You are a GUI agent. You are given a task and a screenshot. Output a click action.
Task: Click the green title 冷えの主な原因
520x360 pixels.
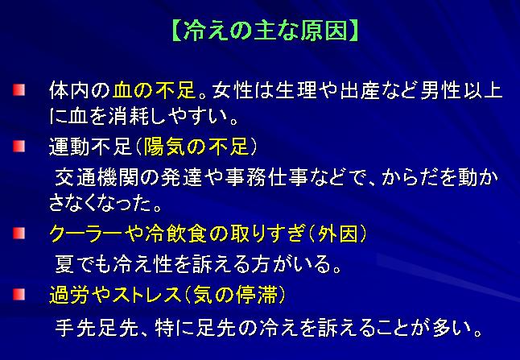click(x=266, y=31)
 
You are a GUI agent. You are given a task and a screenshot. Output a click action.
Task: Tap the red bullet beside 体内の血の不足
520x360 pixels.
click(x=19, y=90)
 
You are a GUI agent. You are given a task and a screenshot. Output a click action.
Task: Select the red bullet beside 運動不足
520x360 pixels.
click(x=19, y=146)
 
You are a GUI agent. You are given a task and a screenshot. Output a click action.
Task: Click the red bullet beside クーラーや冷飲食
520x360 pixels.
click(x=19, y=233)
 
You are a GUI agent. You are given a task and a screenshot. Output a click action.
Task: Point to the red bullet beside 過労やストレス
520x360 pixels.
click(x=19, y=294)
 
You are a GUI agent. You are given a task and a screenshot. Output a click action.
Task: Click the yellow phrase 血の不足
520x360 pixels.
click(x=155, y=90)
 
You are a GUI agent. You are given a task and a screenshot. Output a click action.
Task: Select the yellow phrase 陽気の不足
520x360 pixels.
click(x=196, y=147)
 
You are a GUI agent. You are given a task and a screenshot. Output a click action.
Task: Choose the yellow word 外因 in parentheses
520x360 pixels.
click(x=338, y=234)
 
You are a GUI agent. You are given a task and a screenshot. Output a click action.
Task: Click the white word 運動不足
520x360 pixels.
click(x=90, y=147)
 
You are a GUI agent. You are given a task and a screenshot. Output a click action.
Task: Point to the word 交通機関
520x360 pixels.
click(x=96, y=177)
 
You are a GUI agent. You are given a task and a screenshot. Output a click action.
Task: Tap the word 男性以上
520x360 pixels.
click(x=461, y=90)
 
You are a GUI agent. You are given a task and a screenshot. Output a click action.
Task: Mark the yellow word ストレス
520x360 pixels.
click(x=147, y=294)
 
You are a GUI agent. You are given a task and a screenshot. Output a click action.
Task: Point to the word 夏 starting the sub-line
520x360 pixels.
click(x=64, y=264)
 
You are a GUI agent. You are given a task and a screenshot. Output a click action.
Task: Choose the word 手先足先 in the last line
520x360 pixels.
click(x=96, y=327)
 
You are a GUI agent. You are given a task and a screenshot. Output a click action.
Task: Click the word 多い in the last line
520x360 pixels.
click(x=452, y=327)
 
